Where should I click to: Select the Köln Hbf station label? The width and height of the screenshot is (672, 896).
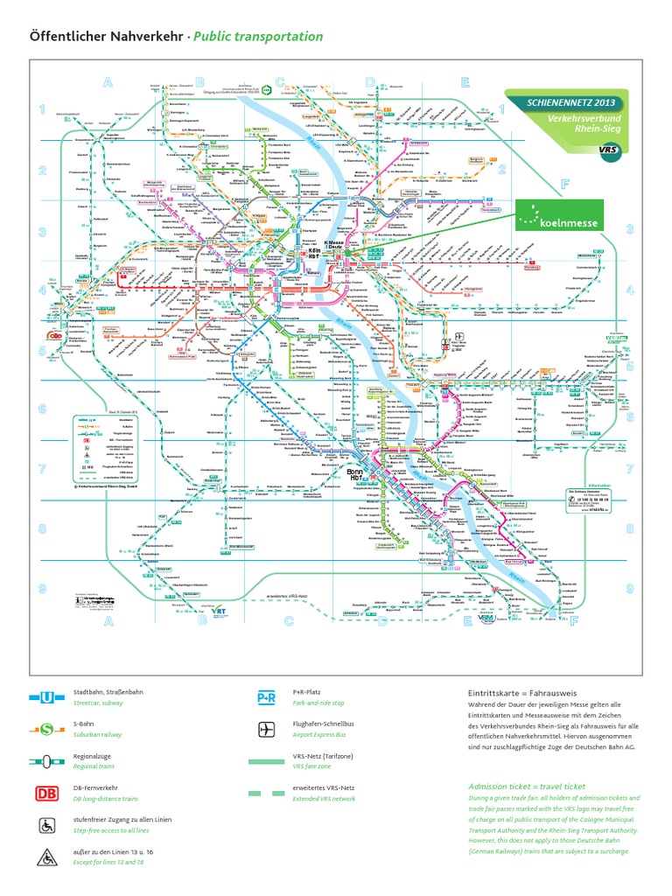(x=312, y=252)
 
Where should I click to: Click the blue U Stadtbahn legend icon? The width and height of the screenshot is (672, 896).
(x=47, y=696)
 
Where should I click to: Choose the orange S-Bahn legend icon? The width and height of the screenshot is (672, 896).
(x=47, y=728)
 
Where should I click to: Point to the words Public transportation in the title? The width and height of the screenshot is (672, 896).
(x=257, y=37)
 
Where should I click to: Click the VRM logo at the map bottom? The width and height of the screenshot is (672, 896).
(x=487, y=619)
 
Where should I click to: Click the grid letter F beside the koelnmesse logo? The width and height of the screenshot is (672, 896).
(x=566, y=185)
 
